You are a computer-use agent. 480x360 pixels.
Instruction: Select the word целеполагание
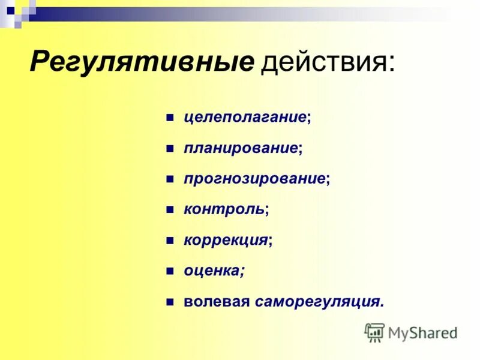tap(245, 116)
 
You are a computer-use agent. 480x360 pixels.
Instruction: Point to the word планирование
tap(241, 148)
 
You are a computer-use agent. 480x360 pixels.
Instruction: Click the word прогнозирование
tap(255, 179)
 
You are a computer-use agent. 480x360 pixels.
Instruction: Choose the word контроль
tap(224, 209)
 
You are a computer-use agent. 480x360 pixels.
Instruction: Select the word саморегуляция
tap(317, 302)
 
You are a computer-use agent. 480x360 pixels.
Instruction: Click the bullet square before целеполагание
tap(170, 116)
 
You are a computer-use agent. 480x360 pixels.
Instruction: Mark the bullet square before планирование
tap(170, 148)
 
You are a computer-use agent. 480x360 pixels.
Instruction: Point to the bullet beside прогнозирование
tap(170, 179)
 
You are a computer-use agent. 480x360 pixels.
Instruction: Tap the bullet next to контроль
tap(170, 210)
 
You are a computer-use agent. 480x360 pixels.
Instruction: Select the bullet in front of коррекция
tap(170, 241)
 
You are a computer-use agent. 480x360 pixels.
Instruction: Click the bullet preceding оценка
tap(170, 272)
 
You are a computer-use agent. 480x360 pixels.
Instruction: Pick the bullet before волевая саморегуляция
tap(170, 302)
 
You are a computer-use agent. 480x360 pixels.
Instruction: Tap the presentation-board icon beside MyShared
tap(374, 332)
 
